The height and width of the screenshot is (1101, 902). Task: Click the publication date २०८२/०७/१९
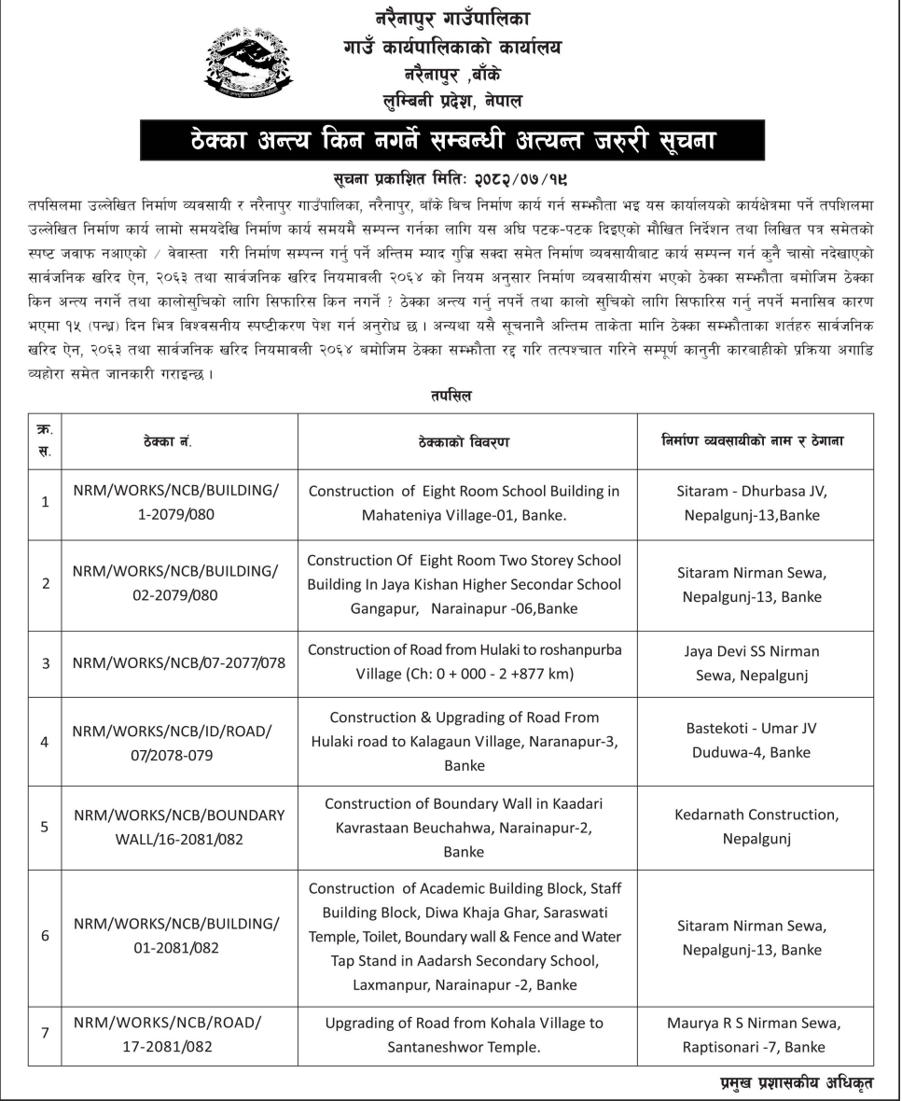(510, 175)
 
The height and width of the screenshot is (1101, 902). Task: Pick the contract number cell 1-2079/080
(175, 503)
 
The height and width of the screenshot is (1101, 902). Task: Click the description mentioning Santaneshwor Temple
(465, 1035)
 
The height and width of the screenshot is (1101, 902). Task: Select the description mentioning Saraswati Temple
(465, 936)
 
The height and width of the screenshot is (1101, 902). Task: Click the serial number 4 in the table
(45, 742)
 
